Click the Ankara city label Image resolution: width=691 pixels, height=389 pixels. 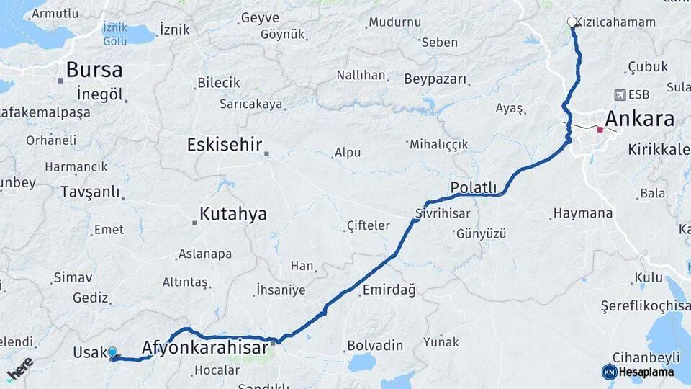tap(640, 119)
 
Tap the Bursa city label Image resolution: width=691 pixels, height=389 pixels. tap(94, 70)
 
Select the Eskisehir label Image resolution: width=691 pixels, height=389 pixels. tap(224, 144)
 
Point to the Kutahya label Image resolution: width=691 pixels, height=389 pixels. tap(232, 214)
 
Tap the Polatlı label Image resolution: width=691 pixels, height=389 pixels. tap(474, 188)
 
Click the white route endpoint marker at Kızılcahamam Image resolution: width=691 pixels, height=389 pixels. tap(572, 22)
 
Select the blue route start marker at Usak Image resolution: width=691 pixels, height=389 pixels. tap(112, 353)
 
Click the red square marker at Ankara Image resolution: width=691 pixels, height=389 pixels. tap(600, 130)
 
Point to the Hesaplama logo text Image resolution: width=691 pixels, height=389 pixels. tap(646, 372)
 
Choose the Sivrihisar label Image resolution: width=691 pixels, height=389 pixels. tap(443, 214)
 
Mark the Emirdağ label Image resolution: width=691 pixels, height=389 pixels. tap(389, 290)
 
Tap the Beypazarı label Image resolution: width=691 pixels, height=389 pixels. tap(435, 79)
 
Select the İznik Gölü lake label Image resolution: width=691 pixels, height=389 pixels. tap(115, 35)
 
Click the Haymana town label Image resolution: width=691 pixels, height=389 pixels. tap(583, 214)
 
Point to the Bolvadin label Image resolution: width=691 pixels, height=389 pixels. tap(375, 346)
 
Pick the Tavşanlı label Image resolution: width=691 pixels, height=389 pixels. tap(90, 192)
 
